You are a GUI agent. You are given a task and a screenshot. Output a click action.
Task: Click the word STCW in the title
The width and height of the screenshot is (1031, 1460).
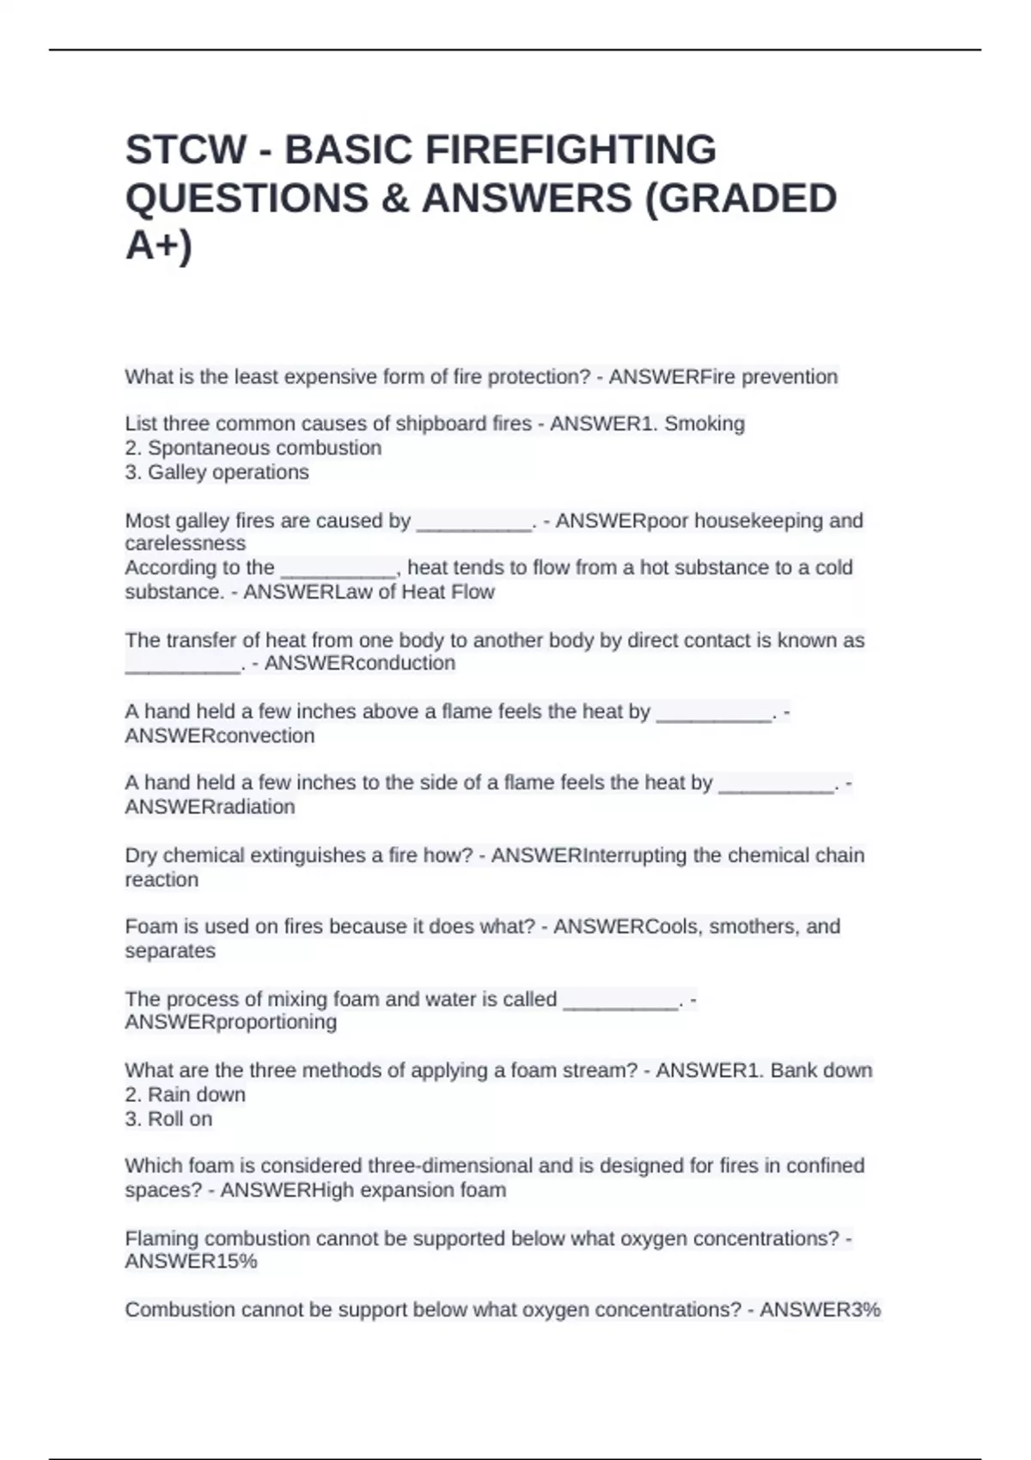point(186,149)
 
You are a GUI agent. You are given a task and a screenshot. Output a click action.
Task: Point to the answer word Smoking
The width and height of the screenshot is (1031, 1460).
point(705,423)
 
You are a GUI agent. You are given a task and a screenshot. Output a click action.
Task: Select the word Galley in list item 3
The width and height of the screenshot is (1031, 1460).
point(177,471)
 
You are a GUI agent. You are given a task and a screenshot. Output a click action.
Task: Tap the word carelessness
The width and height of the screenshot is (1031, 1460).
point(186,543)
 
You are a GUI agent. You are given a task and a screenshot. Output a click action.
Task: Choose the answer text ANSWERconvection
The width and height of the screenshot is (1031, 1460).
point(220,735)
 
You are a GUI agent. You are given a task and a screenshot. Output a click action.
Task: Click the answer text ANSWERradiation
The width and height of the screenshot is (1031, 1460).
point(210,806)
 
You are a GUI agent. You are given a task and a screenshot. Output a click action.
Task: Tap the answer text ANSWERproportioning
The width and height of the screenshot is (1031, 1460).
point(230,1022)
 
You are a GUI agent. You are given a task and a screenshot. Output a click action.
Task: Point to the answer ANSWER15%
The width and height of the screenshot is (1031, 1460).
point(191,1261)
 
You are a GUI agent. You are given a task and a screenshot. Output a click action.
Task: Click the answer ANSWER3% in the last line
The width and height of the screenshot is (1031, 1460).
point(821,1310)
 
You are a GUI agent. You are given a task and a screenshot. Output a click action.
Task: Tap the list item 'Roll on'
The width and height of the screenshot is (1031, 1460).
point(180,1118)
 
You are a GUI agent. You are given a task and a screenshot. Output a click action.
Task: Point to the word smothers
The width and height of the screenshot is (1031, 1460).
point(749,927)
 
